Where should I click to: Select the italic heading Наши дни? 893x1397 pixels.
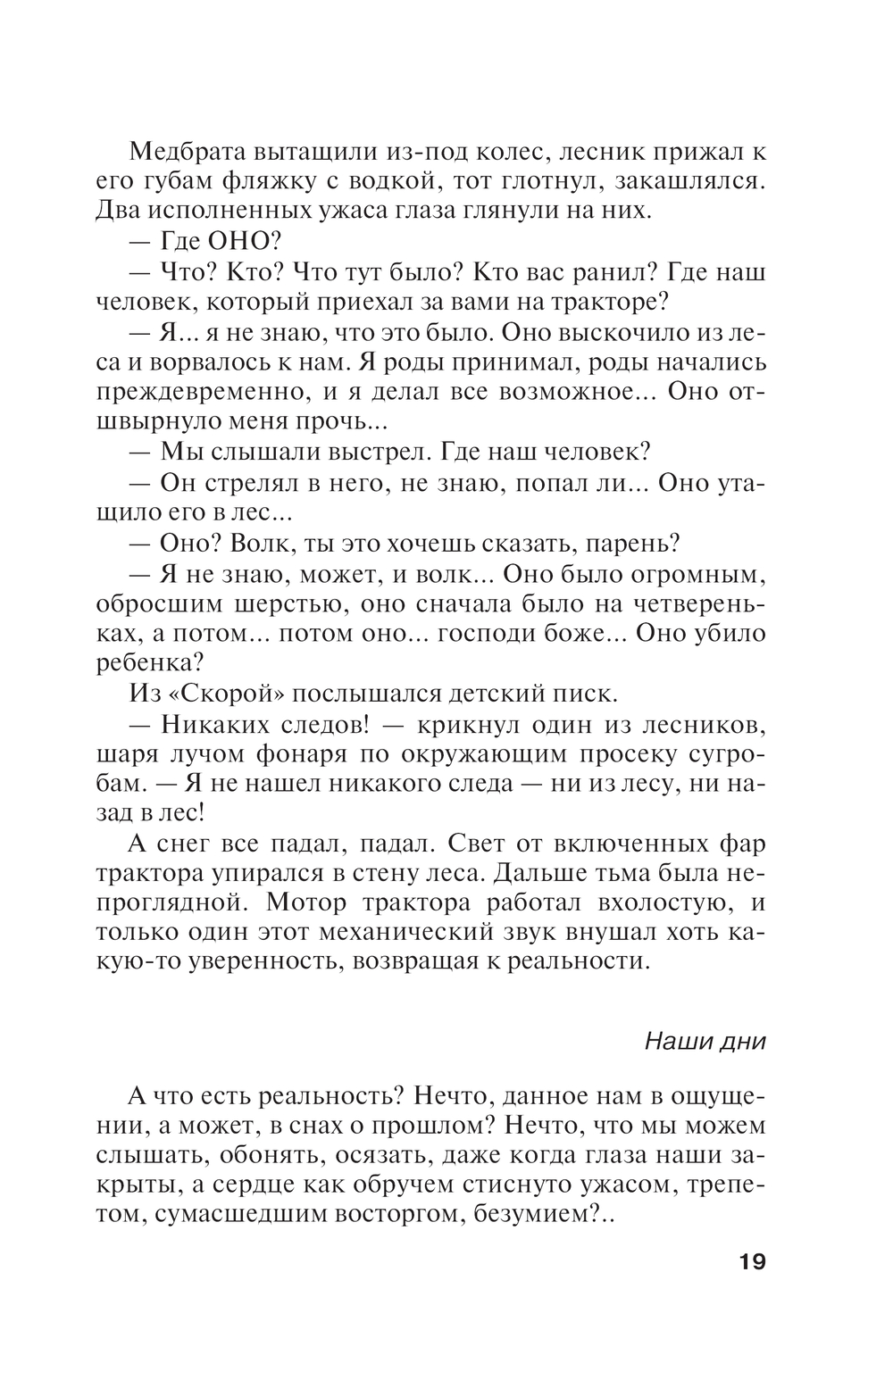(705, 1042)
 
